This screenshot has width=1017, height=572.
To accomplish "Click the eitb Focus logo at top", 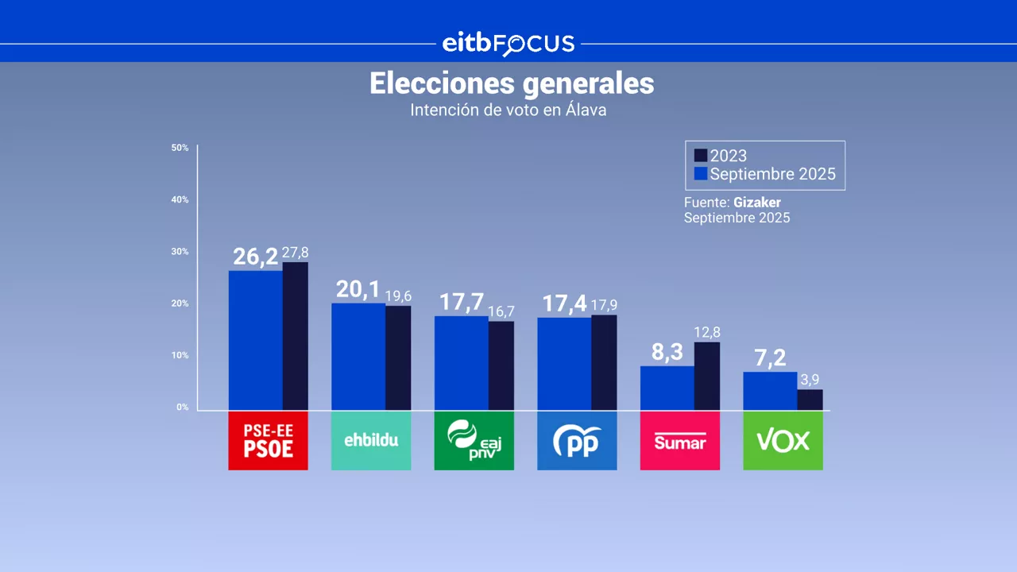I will tap(508, 44).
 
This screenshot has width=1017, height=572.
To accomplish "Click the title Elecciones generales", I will tap(512, 83).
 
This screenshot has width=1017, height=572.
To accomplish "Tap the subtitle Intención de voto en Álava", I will tap(508, 110).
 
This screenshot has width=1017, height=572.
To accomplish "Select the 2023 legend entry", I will tap(721, 156).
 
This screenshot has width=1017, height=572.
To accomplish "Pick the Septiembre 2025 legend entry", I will tap(764, 174).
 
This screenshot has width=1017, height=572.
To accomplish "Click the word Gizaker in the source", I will tap(756, 203).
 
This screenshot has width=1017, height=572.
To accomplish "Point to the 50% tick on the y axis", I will tap(180, 148).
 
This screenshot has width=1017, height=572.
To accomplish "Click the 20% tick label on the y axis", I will tap(180, 303).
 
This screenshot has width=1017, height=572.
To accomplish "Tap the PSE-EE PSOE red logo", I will tap(268, 441).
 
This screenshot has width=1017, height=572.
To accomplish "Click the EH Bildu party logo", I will tap(371, 441).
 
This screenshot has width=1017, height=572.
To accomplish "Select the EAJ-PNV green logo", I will tap(474, 441).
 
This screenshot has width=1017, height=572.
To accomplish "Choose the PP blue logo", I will tap(577, 441).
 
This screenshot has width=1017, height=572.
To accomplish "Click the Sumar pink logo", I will tap(679, 441).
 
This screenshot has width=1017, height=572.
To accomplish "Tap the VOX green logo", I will tap(783, 441).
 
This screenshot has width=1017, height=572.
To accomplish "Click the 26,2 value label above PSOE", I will tap(255, 257).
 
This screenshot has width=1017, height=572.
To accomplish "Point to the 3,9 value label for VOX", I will tap(810, 380).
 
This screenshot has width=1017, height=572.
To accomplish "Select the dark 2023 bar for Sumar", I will tap(706, 376).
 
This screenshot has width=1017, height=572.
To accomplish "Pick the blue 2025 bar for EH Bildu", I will tap(358, 357).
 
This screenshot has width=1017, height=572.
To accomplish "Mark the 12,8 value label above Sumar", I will tap(706, 332).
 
